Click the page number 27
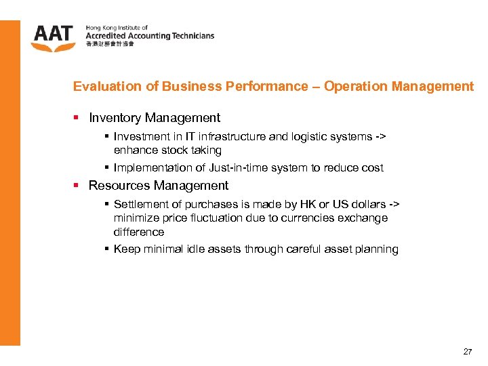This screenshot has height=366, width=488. tap(468, 352)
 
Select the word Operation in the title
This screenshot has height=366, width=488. tap(351, 87)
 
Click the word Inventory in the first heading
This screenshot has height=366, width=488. tap(115, 118)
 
